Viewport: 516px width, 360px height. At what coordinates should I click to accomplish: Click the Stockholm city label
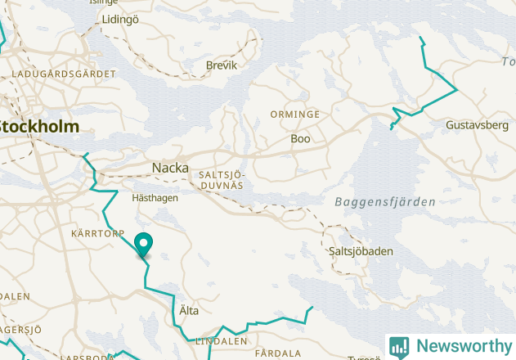coord(39,127)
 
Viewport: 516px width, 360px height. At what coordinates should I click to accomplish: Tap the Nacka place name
coord(170,168)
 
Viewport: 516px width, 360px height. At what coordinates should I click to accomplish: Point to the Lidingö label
coord(120,19)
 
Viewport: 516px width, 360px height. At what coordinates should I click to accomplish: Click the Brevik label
coord(222,65)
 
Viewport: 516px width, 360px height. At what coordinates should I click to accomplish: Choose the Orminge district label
coord(295,115)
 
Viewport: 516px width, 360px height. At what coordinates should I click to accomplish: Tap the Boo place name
coord(300,139)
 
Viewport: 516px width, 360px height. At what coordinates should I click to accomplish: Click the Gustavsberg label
coord(478,125)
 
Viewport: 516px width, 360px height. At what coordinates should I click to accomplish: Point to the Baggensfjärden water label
coord(384,201)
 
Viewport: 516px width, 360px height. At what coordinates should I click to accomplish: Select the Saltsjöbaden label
coord(360,251)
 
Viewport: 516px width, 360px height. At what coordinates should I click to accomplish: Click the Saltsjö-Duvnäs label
coord(222,180)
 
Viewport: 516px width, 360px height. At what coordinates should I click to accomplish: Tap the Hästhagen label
coord(155,197)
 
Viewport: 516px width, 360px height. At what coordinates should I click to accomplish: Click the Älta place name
coord(188,311)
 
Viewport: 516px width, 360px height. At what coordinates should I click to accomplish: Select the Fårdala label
coord(278,353)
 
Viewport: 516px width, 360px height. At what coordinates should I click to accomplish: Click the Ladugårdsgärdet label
coord(64,74)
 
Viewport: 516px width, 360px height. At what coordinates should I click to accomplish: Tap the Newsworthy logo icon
coord(399,347)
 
